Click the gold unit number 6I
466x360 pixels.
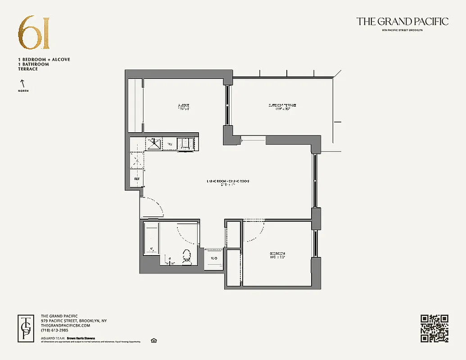click(34, 33)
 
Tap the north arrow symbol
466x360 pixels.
click(21, 83)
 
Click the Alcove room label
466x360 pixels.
click(183, 107)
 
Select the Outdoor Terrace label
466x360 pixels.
click(282, 107)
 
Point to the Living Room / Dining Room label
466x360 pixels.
click(227, 182)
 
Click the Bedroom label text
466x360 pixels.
click(278, 255)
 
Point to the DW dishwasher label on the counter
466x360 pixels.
click(170, 144)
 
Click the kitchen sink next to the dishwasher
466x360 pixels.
click(154, 144)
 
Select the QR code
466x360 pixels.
click(434, 328)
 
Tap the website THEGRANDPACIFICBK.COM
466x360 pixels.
click(65, 325)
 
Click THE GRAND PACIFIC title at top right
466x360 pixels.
click(402, 21)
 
